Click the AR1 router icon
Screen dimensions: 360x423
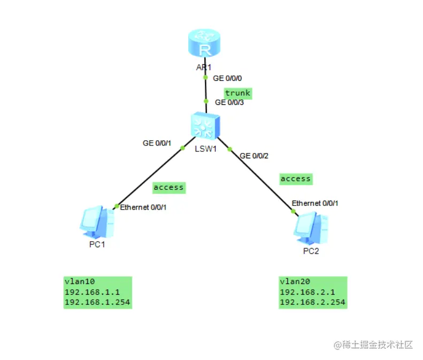coord(204,44)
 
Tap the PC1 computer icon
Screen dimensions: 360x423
coord(97,223)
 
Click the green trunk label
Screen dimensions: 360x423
coord(237,93)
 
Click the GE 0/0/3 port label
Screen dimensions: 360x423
coord(230,102)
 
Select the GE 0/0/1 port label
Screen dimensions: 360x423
coord(157,143)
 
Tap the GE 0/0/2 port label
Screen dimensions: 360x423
coord(254,156)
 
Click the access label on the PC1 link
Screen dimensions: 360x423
coord(168,187)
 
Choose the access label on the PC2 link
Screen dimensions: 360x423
coord(296,179)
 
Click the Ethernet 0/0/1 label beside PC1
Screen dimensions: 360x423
coord(144,207)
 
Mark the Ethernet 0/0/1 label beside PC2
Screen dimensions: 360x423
coord(315,203)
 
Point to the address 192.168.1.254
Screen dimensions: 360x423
coord(97,302)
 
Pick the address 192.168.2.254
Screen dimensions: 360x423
coord(312,302)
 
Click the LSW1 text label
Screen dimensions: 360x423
coord(206,148)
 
